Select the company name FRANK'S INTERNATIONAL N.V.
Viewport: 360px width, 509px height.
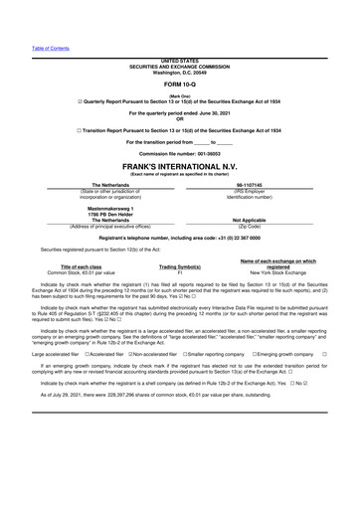[x=179, y=167]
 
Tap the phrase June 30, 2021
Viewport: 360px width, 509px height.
[x=222, y=117]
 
